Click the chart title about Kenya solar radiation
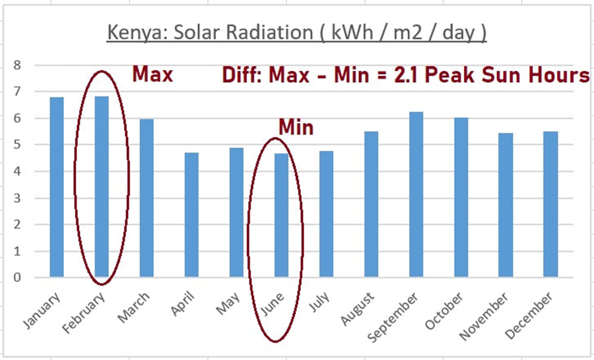click(296, 32)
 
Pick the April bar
click(191, 215)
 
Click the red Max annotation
click(152, 75)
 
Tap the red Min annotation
click(296, 128)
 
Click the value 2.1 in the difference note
click(442, 76)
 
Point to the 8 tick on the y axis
click(17, 65)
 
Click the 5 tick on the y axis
click(17, 145)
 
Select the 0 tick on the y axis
click(17, 277)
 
